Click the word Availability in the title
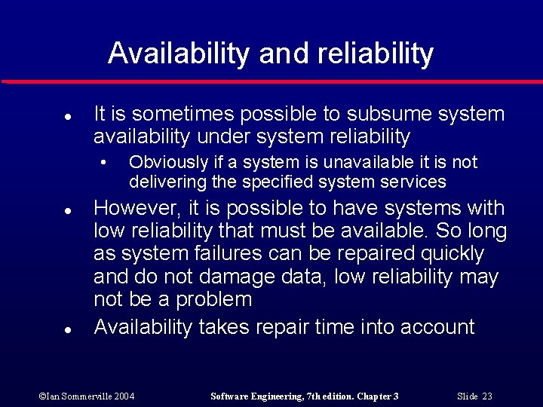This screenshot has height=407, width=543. [178, 54]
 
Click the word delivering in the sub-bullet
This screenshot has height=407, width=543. [161, 182]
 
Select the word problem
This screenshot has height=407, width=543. [213, 299]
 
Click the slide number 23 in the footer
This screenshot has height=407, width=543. [486, 396]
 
